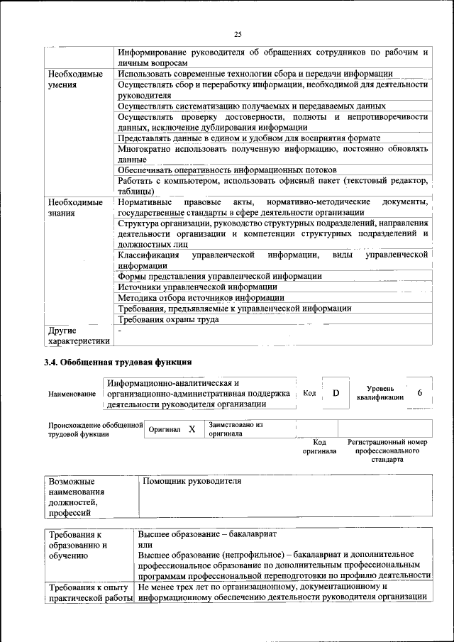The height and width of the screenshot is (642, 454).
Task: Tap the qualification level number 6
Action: (x=420, y=392)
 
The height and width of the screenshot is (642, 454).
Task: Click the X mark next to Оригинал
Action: (x=192, y=430)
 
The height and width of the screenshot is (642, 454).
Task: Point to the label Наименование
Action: (x=72, y=394)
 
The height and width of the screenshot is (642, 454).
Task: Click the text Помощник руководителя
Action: (x=192, y=481)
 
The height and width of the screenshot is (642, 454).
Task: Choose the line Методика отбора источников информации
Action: (x=201, y=298)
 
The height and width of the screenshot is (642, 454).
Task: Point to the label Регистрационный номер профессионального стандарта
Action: (x=387, y=450)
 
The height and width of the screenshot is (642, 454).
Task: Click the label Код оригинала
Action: (x=319, y=446)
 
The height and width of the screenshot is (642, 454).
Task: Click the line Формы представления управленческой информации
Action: (x=220, y=276)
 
